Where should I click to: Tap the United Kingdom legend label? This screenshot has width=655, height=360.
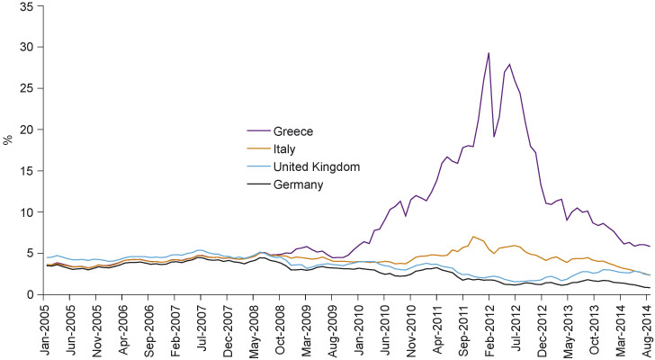coord(310,166)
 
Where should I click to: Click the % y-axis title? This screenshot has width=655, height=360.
coord(8,139)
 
